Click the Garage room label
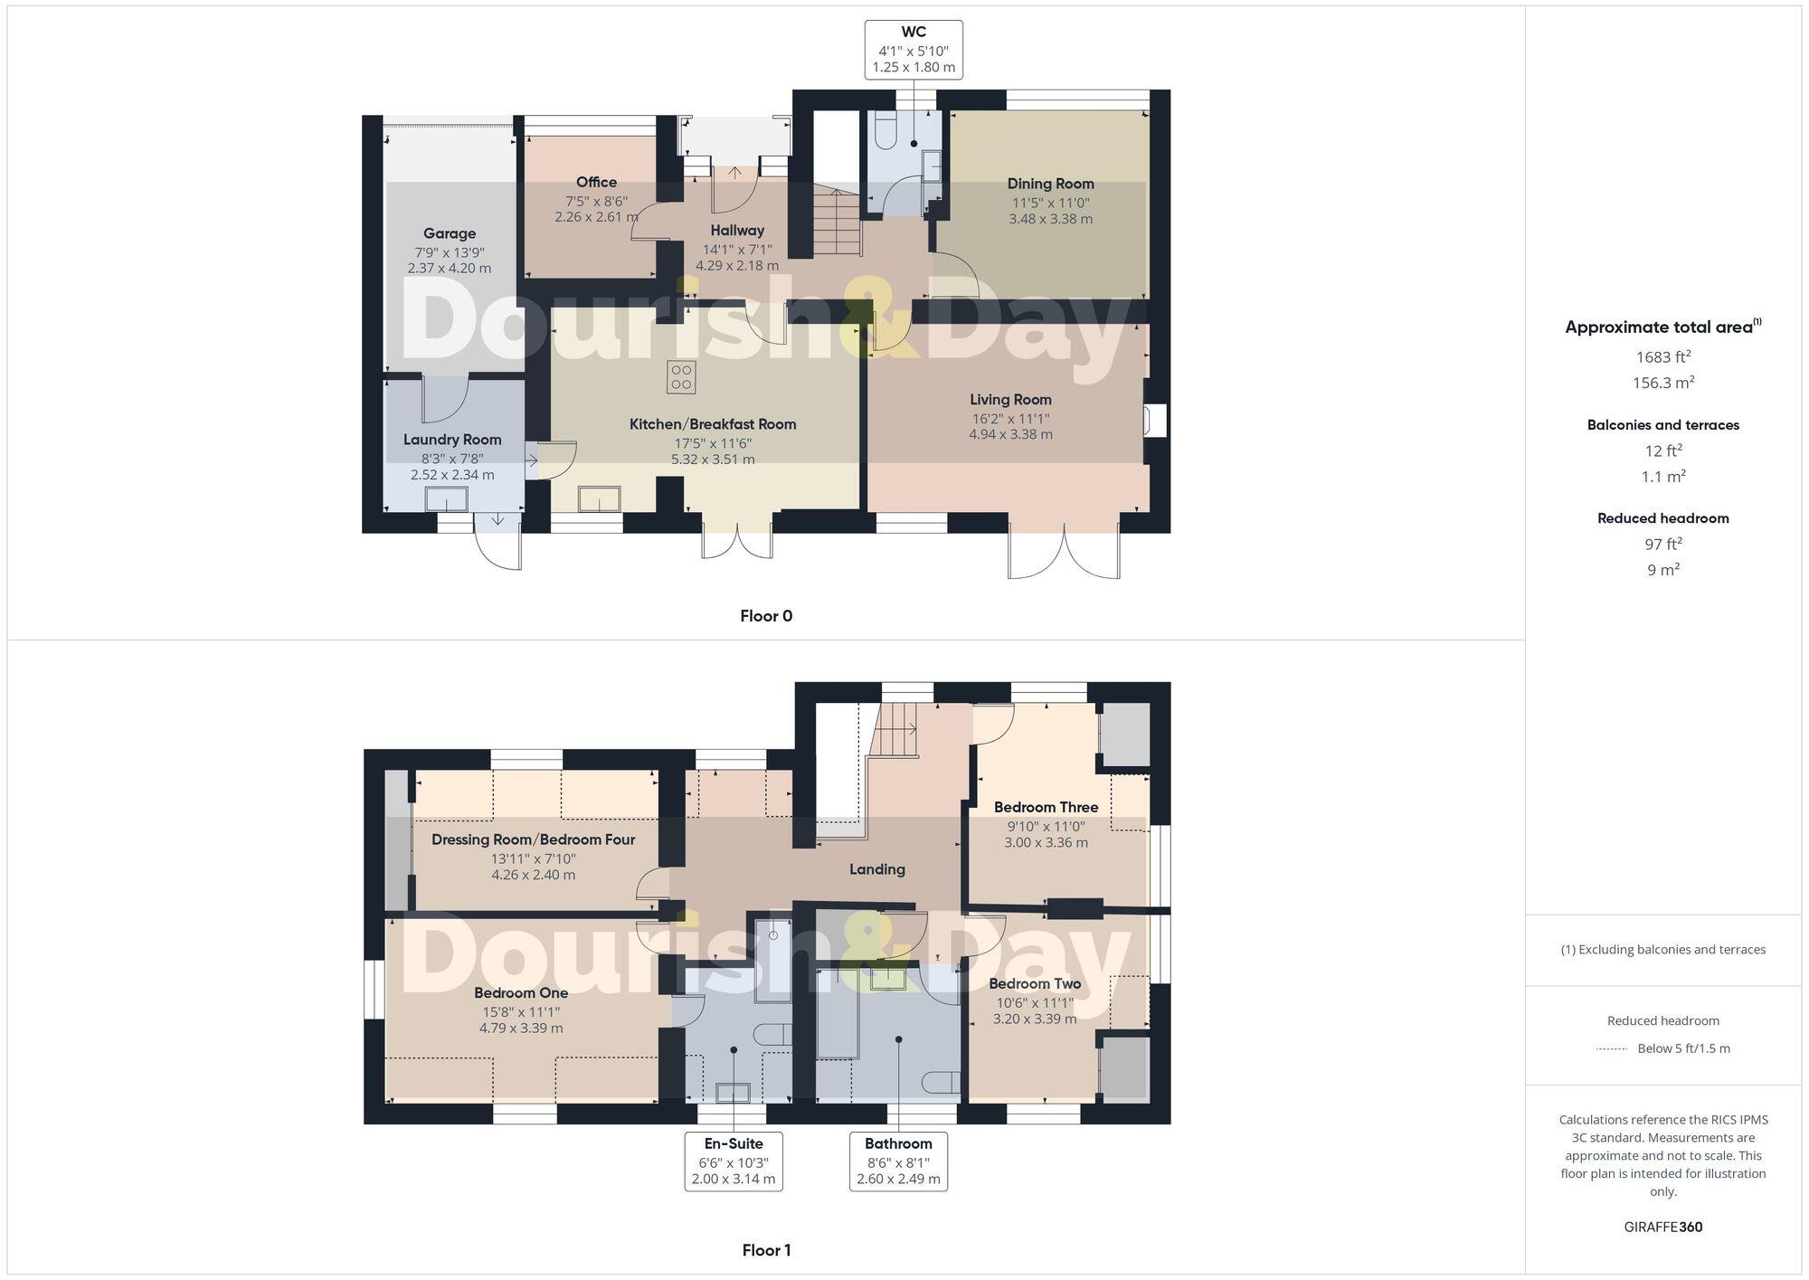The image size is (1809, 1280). click(450, 233)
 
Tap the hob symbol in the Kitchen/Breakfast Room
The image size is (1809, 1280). click(681, 377)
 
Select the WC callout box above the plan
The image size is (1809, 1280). click(913, 50)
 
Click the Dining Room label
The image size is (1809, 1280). click(1050, 184)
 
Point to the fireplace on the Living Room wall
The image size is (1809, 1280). click(1155, 422)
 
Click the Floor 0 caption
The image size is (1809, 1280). click(766, 616)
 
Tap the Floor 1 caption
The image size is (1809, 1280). click(766, 1250)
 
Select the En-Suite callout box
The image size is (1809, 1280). click(733, 1161)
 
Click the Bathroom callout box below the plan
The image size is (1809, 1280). click(898, 1161)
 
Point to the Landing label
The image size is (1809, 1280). click(876, 869)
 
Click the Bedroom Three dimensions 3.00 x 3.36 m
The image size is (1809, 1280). click(1046, 842)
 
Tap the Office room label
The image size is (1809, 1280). click(596, 183)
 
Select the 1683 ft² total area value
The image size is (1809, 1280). click(1662, 356)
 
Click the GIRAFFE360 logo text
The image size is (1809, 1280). click(1662, 1227)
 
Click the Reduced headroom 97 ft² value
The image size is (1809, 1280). click(1662, 544)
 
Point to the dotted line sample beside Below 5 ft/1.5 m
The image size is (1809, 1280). click(1612, 1048)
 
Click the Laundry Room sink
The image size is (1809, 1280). click(448, 499)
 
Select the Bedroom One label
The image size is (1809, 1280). click(521, 992)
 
